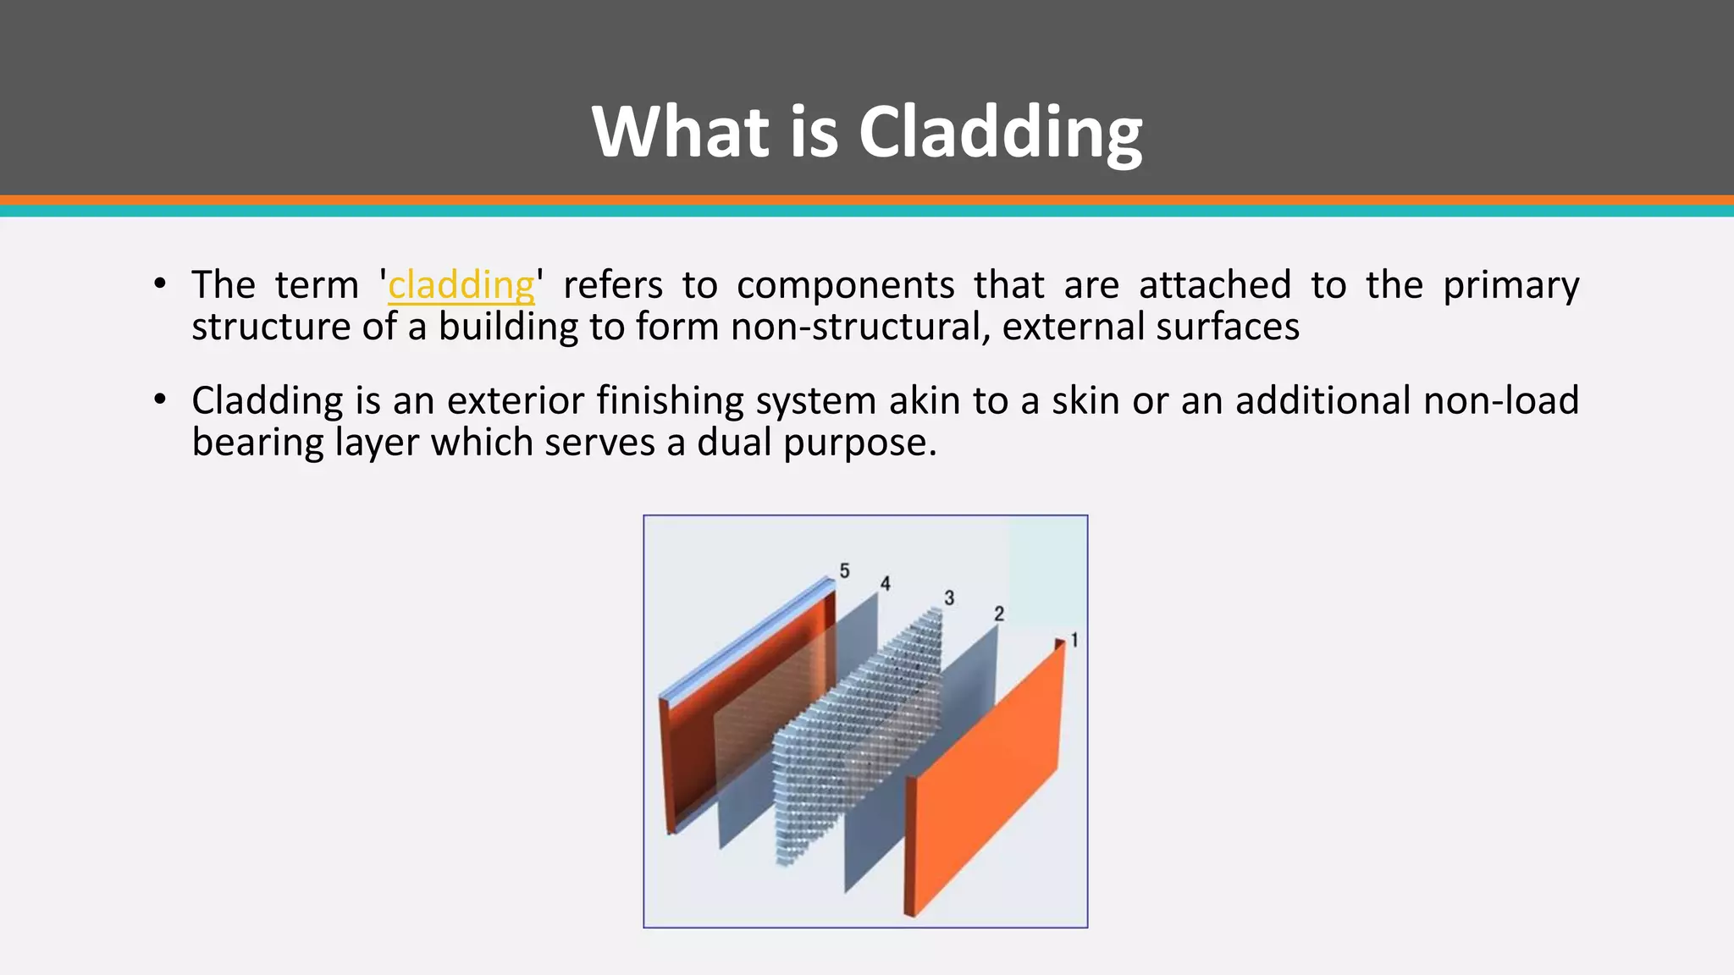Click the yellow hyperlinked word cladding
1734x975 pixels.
pyautogui.click(x=461, y=285)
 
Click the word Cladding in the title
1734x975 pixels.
pyautogui.click(x=1000, y=132)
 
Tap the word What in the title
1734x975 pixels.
pyautogui.click(x=682, y=132)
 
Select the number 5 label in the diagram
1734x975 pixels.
pyautogui.click(x=844, y=571)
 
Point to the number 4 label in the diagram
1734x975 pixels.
pyautogui.click(x=885, y=584)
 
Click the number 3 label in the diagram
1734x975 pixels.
pyautogui.click(x=949, y=598)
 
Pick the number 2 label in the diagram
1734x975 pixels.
pyautogui.click(x=999, y=614)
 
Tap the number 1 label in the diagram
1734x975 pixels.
pyautogui.click(x=1074, y=640)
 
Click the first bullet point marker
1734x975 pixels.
pyautogui.click(x=160, y=284)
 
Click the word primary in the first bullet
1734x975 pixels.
pyautogui.click(x=1510, y=285)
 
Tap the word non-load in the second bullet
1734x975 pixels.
pyautogui.click(x=1500, y=400)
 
